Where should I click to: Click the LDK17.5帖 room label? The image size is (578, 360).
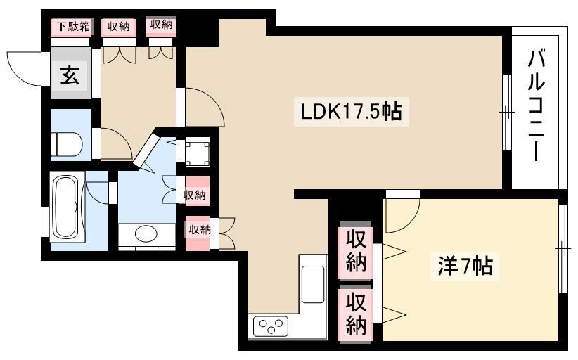pos(351,111)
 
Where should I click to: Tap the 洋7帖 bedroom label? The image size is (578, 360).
pos(465,265)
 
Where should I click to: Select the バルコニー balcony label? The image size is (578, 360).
pos(537,105)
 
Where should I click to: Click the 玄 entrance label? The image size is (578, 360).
pos(70,75)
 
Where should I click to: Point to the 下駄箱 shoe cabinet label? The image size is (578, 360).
pos(73,27)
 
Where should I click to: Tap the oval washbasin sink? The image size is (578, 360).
pos(146,233)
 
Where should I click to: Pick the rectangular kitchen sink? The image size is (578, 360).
pos(313,284)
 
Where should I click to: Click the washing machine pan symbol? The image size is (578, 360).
pos(197,152)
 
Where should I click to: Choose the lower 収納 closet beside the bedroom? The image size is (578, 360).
pos(355,313)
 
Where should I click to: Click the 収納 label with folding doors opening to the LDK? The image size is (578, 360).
pos(199,230)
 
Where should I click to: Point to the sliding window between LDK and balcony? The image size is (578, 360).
pos(507,112)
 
